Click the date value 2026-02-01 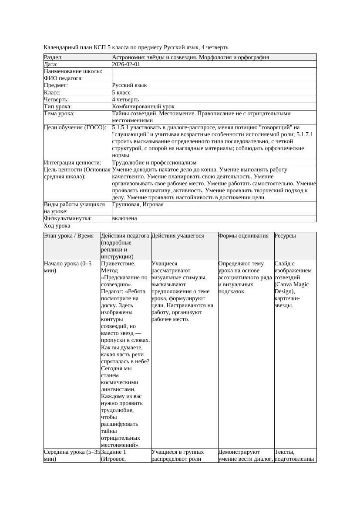tap(126, 64)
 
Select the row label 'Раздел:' tap(54, 57)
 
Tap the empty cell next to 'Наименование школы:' tap(213, 71)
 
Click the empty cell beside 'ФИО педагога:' tap(213, 78)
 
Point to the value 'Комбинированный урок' tap(143, 106)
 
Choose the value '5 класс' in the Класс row tap(121, 92)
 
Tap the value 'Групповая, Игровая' tap(138, 204)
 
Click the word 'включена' tap(124, 218)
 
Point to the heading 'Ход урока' tap(57, 226)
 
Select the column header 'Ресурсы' tap(285, 236)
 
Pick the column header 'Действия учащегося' tap(178, 236)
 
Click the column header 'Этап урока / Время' tap(69, 236)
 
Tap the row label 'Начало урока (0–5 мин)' tap(67, 267)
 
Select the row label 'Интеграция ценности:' tap(72, 163)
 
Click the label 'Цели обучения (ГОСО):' tap(75, 127)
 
